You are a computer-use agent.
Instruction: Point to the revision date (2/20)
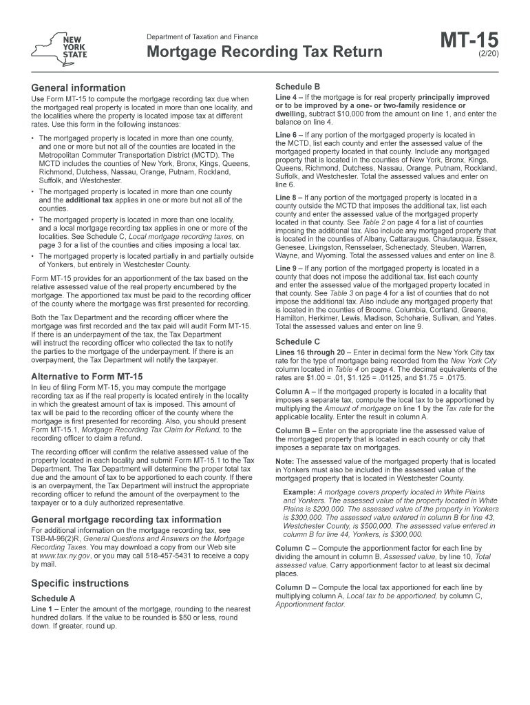[x=487, y=53]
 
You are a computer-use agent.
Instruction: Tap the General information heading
[x=78, y=88]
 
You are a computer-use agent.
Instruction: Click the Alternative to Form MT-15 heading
[x=87, y=377]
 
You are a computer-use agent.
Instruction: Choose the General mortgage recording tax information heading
[x=127, y=519]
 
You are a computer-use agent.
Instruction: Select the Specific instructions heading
[x=80, y=583]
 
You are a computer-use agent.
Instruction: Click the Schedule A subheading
[x=54, y=598]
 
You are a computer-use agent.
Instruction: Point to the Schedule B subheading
[x=297, y=87]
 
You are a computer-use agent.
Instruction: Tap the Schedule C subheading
[x=297, y=341]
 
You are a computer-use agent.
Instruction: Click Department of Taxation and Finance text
[x=202, y=36]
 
